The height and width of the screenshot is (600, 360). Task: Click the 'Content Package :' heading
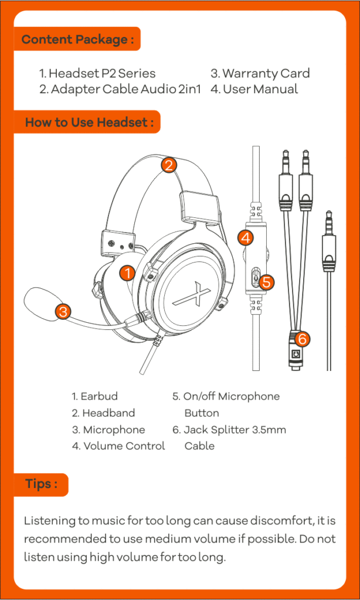coord(77,40)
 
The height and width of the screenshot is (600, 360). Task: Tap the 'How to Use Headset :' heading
coord(89,122)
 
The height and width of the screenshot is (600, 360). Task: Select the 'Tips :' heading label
coord(41,484)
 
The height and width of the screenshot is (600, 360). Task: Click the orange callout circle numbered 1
coord(127,272)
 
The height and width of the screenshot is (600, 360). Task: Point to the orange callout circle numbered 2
coord(169,165)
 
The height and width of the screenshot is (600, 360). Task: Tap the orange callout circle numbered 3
coord(64,311)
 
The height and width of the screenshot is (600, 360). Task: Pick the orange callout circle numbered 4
coord(246,238)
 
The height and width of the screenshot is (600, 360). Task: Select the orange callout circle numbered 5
coord(266,282)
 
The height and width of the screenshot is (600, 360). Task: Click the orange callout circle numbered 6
coord(302,339)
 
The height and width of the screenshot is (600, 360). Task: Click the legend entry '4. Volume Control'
coord(118,446)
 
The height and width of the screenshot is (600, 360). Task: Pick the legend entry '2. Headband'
coord(103,413)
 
